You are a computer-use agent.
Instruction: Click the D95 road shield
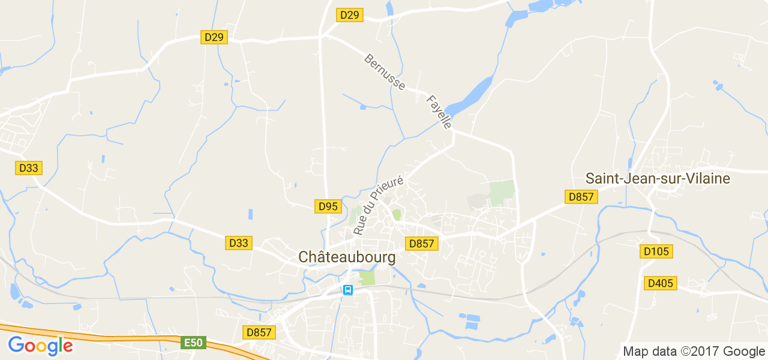click(328, 206)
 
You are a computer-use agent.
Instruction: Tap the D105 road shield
click(656, 251)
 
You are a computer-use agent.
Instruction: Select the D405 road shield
click(661, 283)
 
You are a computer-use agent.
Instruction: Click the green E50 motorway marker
click(194, 343)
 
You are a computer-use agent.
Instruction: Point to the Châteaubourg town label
click(347, 257)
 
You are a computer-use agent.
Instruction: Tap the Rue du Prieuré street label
click(378, 205)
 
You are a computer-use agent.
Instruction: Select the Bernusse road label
click(385, 72)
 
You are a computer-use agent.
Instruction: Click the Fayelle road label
click(439, 112)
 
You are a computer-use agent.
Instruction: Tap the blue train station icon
click(347, 290)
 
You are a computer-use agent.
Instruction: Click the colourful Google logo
click(40, 346)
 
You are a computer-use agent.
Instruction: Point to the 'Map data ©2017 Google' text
click(694, 352)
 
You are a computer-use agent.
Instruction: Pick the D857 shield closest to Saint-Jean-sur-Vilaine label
click(581, 197)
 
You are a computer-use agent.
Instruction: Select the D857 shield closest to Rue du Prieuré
click(422, 243)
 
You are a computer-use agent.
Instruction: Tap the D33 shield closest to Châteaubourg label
click(239, 243)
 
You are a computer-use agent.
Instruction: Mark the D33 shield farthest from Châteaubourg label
click(28, 168)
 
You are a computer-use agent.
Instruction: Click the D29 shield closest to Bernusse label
click(349, 15)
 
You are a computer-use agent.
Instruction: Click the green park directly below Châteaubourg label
click(366, 278)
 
